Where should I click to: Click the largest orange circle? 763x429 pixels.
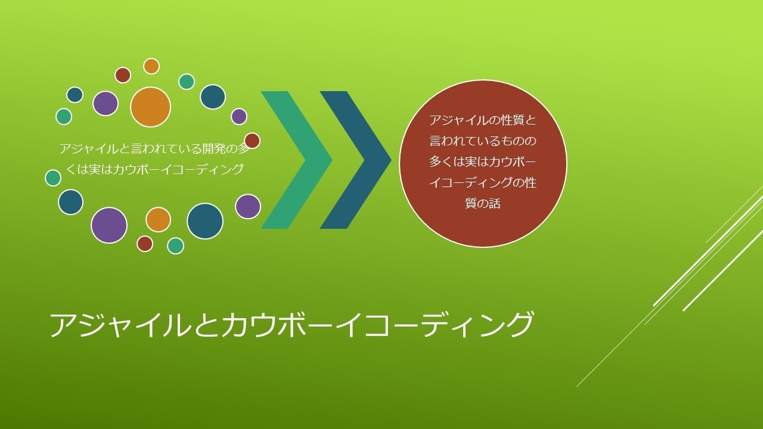[150, 107]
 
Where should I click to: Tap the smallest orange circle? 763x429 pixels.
[151, 66]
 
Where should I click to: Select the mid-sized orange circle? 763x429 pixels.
[158, 220]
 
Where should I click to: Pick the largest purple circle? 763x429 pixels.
[109, 225]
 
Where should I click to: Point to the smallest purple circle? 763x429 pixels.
[239, 117]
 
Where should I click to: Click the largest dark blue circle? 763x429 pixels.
[204, 221]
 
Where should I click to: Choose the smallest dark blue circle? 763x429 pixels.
[75, 95]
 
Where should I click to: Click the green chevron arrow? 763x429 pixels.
[297, 160]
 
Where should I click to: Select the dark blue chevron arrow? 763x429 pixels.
[356, 160]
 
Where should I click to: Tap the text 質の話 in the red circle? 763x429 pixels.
[483, 204]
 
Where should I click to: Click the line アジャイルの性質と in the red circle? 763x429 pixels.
[483, 120]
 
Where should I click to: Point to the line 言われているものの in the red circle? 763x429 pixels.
[483, 141]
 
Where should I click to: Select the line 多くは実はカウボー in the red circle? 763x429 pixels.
[483, 161]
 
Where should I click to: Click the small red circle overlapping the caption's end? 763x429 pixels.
[252, 140]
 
